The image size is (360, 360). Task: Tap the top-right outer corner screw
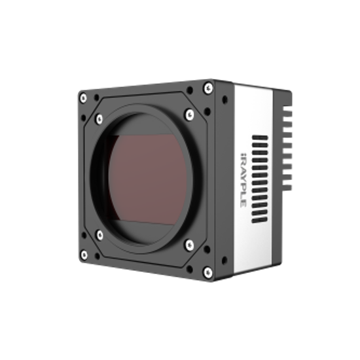(x=208, y=84)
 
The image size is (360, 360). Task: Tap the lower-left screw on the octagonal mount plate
(x=99, y=234)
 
